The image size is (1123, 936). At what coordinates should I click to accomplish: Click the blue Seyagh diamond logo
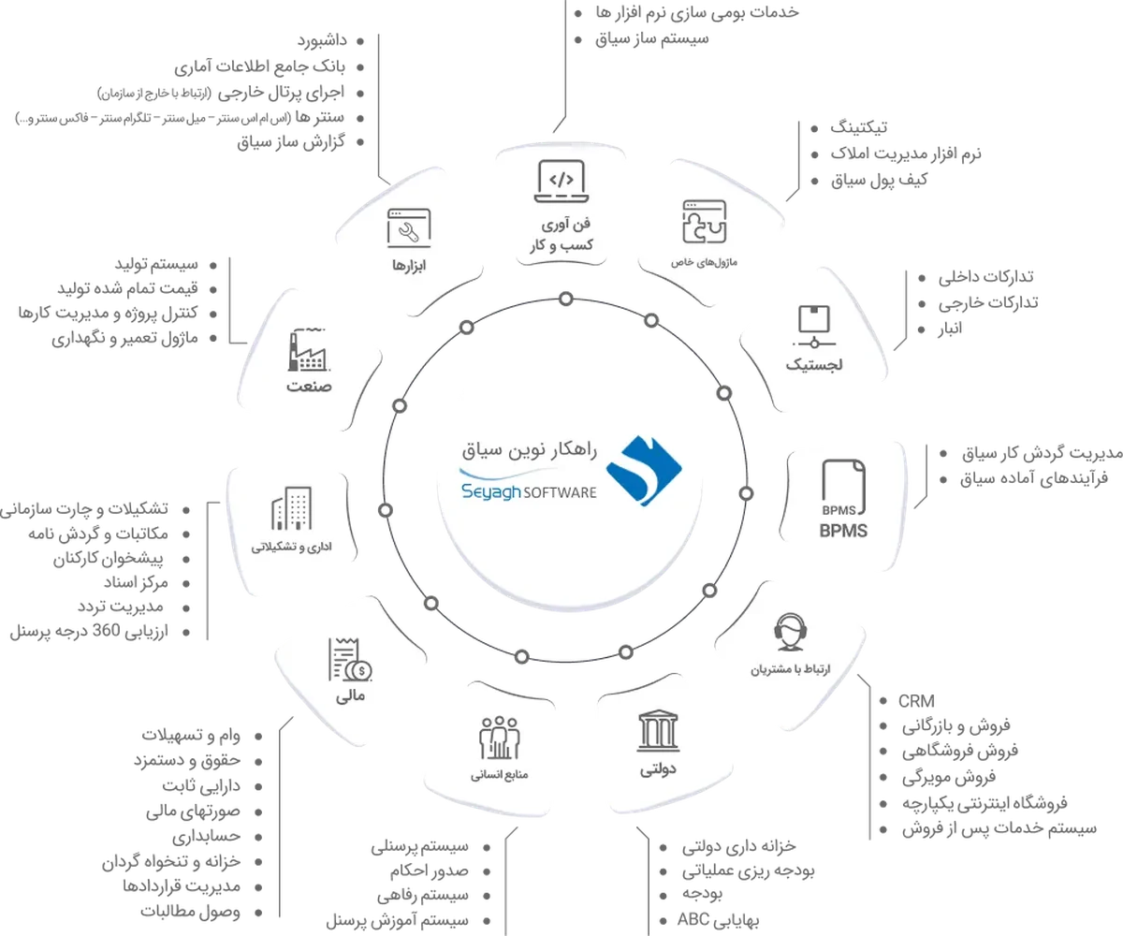(644, 471)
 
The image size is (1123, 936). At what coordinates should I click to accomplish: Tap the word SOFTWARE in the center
(560, 492)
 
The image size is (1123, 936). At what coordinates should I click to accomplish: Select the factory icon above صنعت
(309, 350)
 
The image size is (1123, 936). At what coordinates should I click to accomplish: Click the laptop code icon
(561, 182)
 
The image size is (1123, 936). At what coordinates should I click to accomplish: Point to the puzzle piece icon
(704, 222)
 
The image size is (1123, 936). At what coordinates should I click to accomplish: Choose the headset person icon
(790, 633)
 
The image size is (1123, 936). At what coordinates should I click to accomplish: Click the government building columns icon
(657, 731)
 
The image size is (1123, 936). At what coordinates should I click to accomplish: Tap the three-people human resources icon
(499, 738)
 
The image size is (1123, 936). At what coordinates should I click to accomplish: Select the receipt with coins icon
(350, 660)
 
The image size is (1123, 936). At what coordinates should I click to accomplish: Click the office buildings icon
(291, 508)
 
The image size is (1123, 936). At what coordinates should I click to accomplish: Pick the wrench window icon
(409, 228)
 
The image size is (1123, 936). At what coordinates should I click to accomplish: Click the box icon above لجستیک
(814, 327)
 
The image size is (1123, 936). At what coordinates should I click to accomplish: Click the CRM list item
(916, 701)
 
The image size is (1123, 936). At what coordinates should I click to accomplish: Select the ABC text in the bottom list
(693, 919)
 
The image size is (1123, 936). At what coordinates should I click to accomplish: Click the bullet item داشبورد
(322, 40)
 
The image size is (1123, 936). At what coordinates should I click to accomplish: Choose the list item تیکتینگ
(858, 127)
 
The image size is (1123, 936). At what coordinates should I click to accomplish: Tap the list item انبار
(951, 329)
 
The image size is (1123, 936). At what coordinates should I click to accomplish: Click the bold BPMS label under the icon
(843, 531)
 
